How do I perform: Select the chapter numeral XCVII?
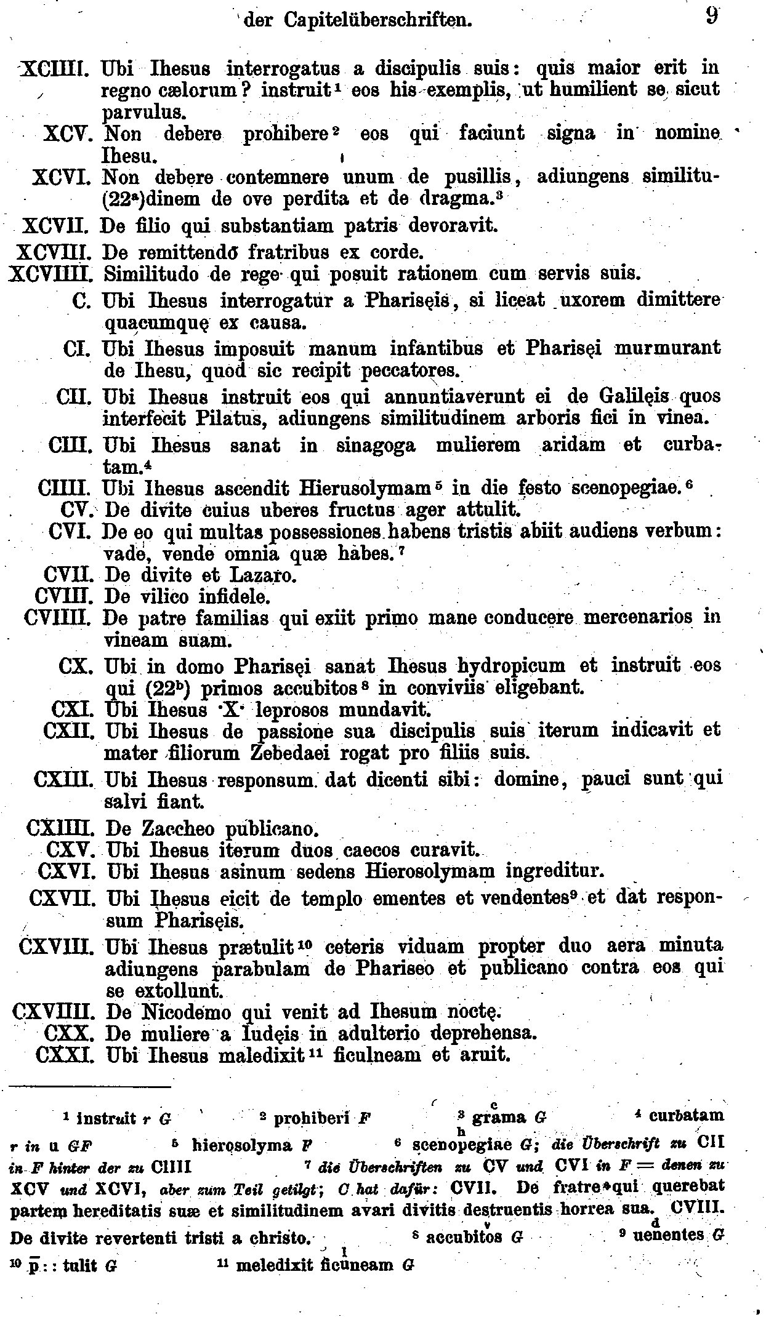coord(58,226)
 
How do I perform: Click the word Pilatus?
coord(229,418)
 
